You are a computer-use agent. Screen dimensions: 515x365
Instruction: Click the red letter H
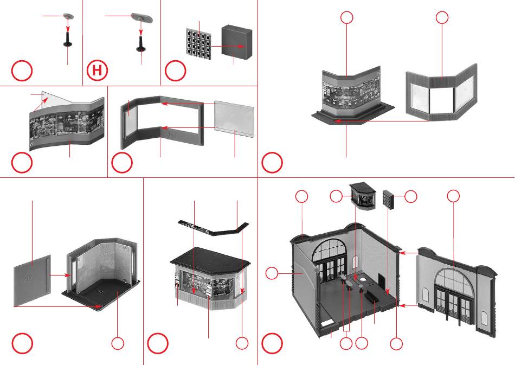click(x=98, y=71)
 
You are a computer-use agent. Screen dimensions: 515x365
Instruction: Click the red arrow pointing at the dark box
click(x=228, y=47)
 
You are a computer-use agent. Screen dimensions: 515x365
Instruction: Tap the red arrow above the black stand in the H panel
click(x=143, y=27)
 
